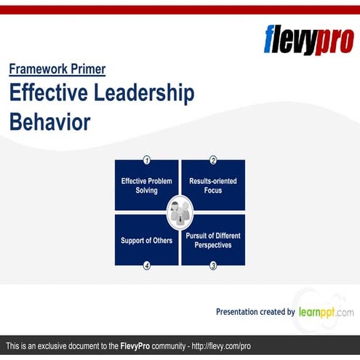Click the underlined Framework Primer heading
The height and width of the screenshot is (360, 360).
(57, 70)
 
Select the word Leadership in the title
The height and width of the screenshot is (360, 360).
(150, 94)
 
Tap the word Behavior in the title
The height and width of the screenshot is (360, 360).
(50, 121)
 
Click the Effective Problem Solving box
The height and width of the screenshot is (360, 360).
(146, 185)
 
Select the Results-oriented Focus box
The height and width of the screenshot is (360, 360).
(213, 185)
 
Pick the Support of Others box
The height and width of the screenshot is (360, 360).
(146, 240)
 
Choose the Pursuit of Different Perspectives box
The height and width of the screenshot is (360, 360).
(213, 240)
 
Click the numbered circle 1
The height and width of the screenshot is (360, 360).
(147, 160)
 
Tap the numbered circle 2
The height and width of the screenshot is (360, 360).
(213, 160)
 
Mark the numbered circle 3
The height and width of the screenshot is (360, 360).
(213, 265)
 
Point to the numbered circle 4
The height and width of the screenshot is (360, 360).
(147, 265)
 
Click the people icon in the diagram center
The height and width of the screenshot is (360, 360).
(180, 212)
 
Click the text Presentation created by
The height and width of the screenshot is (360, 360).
(255, 312)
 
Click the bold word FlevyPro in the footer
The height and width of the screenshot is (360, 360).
(140, 345)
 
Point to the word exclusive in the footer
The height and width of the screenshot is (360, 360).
(60, 345)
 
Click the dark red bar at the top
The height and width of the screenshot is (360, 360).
(180, 9)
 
